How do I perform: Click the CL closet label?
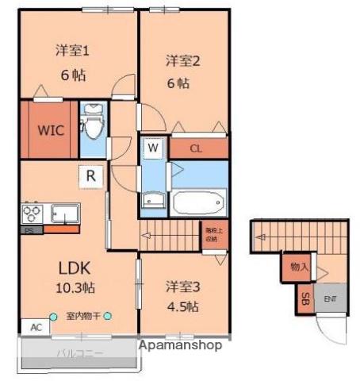[196, 148]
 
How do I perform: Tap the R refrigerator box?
[91, 176]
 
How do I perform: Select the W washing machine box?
[153, 148]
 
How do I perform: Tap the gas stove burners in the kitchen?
[33, 214]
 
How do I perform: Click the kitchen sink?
[64, 214]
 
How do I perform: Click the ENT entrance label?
[329, 298]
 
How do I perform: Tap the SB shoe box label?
[305, 299]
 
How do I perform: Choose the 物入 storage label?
[299, 267]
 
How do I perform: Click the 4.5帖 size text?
[182, 306]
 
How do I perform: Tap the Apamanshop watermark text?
[180, 345]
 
